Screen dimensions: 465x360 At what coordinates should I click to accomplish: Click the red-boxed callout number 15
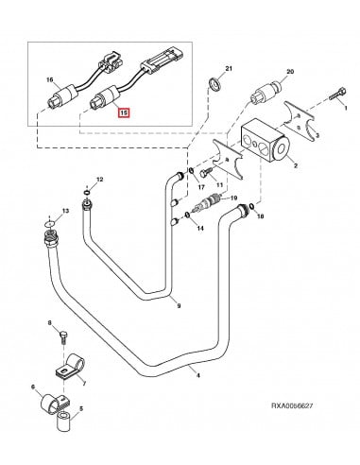[x=121, y=113]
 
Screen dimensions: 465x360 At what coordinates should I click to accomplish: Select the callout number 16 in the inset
[x=50, y=82]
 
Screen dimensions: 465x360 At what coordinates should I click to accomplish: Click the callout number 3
[x=329, y=134]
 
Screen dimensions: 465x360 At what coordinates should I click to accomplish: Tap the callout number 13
[x=65, y=210]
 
